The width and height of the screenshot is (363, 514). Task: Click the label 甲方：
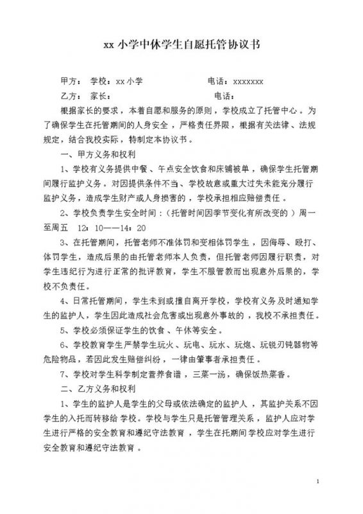pyautogui.click(x=71, y=82)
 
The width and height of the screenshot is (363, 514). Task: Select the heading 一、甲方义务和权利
pyautogui.click(x=104, y=155)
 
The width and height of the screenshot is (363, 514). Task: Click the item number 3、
pyautogui.click(x=63, y=243)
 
